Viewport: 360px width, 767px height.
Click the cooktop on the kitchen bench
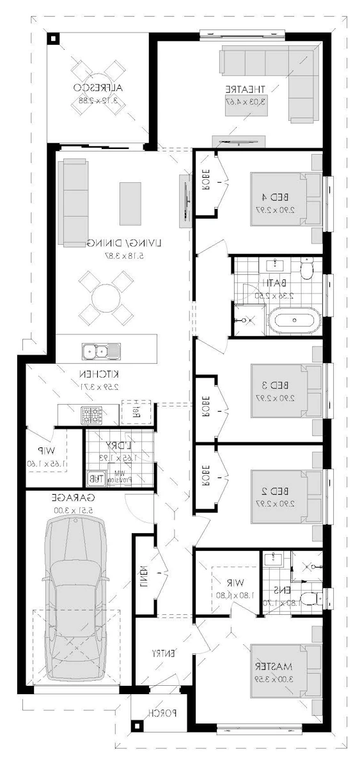[90, 414]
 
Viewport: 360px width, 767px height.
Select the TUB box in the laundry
[95, 477]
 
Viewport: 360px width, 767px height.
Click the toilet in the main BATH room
[306, 270]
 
